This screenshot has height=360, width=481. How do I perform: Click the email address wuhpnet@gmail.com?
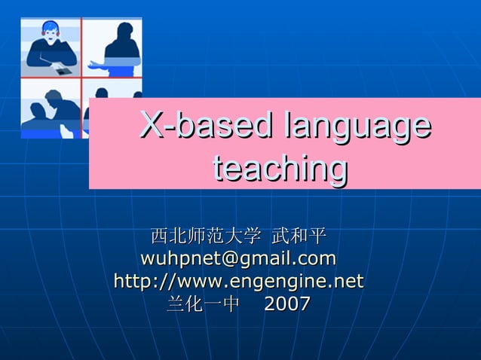238,259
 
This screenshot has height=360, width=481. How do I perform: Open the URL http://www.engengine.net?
238,282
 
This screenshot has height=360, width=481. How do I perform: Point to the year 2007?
287,304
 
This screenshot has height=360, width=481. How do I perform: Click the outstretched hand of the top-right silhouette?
93,66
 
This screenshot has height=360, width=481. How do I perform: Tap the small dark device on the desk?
63,71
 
